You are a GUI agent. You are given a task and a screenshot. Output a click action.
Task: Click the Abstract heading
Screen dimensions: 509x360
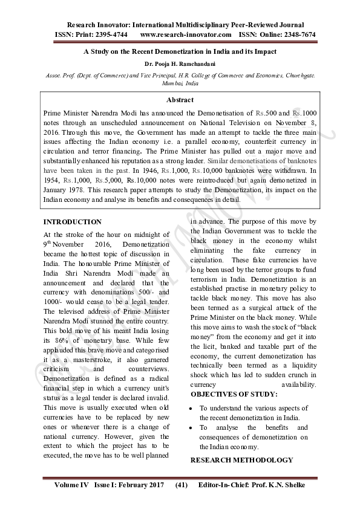tap(180, 100)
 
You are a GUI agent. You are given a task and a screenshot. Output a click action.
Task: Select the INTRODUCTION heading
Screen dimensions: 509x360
tap(73, 222)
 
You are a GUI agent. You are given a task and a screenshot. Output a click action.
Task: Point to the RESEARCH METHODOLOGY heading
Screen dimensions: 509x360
tap(241, 460)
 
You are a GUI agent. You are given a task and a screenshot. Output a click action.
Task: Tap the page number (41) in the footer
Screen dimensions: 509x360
tap(182, 485)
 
